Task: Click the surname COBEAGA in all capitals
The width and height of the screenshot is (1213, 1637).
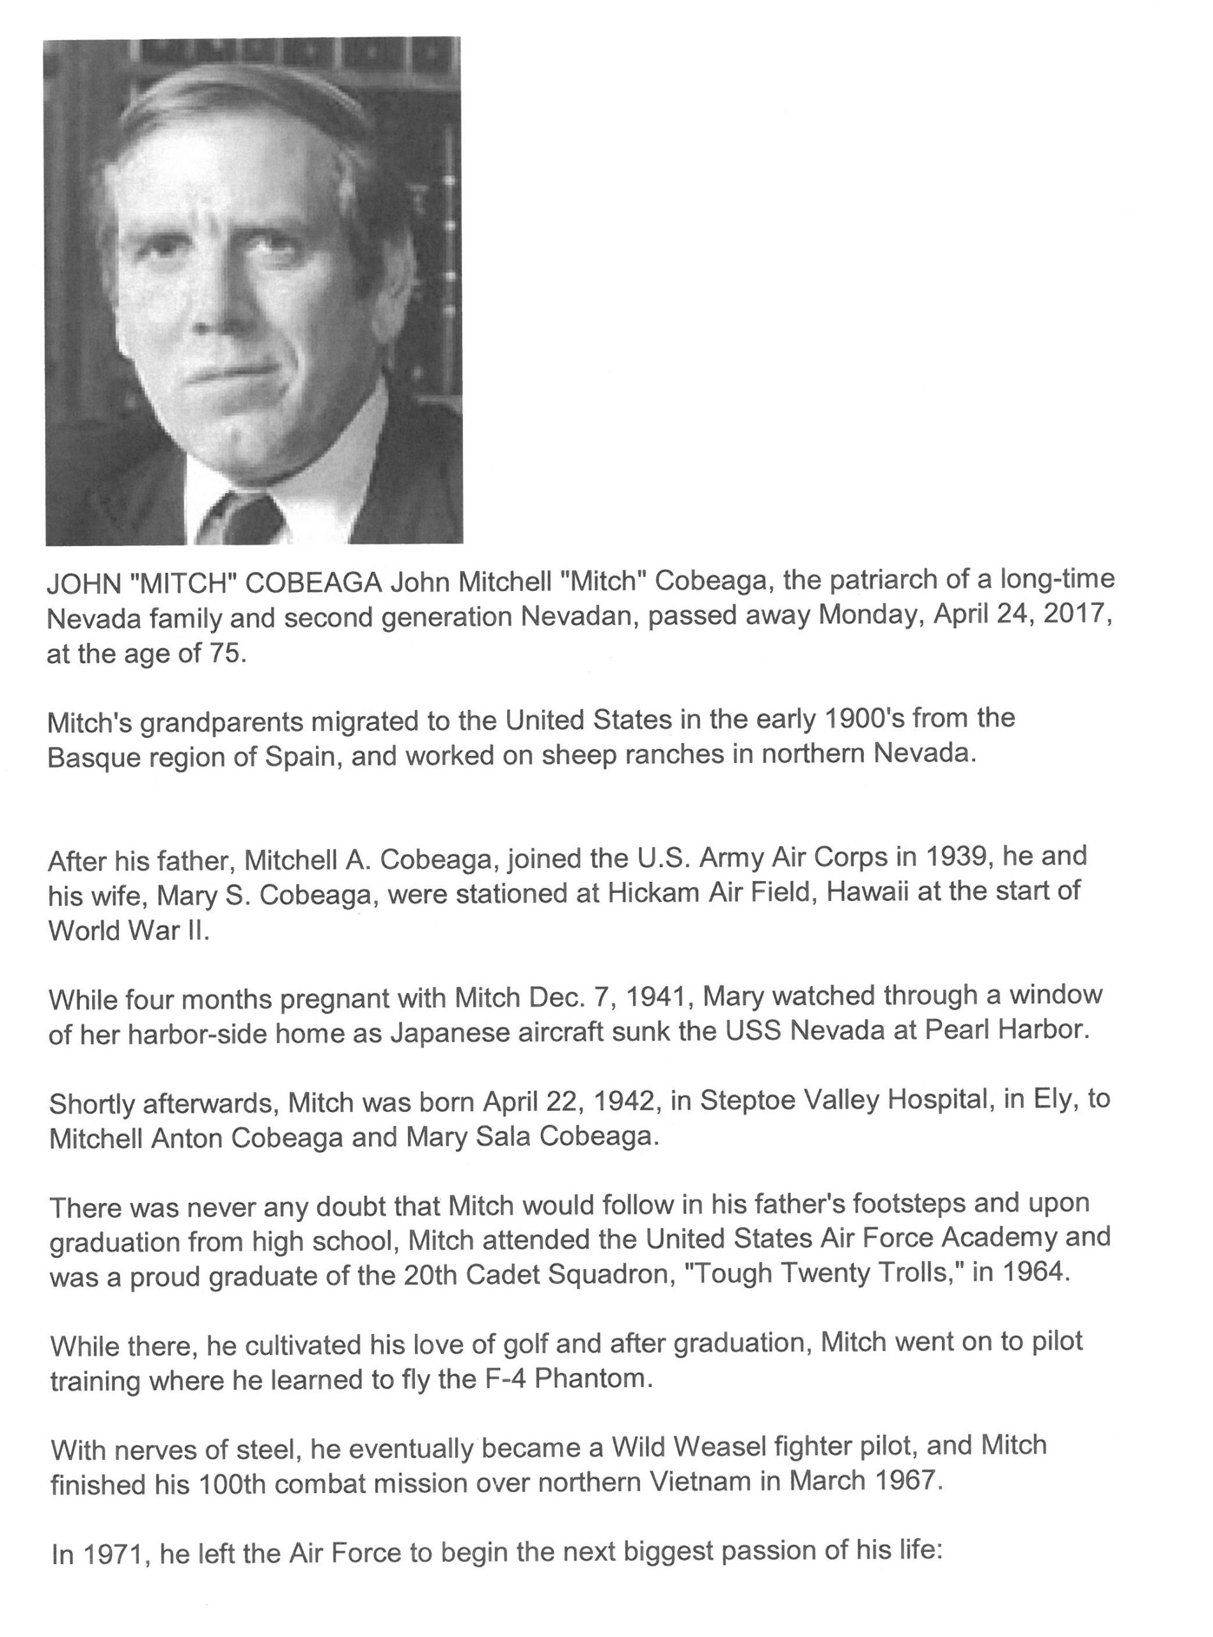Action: pyautogui.click(x=313, y=583)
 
